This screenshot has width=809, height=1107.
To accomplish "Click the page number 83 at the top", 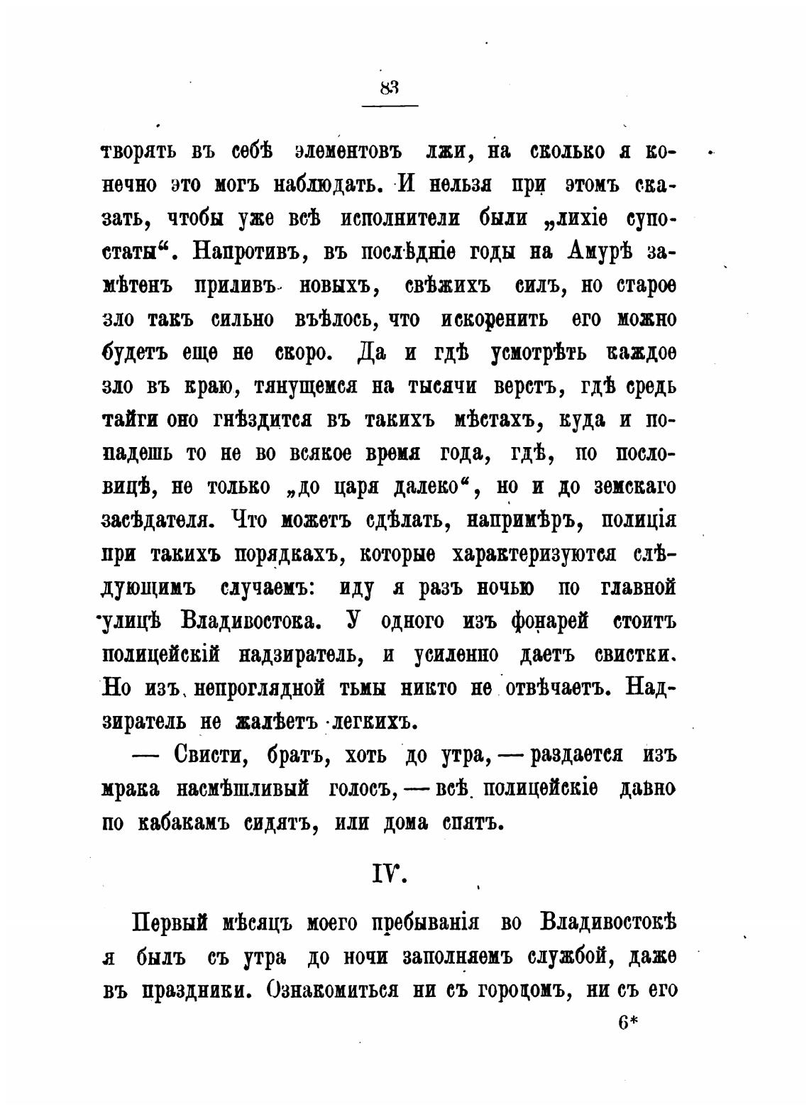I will [390, 87].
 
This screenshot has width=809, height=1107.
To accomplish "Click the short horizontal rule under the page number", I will [390, 106].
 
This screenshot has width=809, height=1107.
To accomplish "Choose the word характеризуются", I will [524, 554].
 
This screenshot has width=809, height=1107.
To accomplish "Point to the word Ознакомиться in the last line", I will [327, 990].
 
